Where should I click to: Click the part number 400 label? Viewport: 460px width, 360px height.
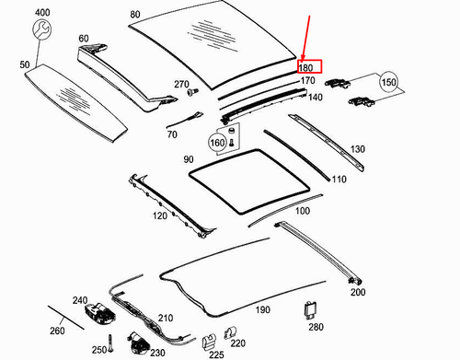pyautogui.click(x=42, y=11)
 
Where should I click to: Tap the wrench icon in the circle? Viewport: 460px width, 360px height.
pyautogui.click(x=40, y=31)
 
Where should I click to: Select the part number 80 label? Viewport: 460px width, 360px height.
pyautogui.click(x=135, y=14)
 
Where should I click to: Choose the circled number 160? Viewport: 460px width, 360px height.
pyautogui.click(x=217, y=142)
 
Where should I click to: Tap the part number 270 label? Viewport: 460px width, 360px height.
pyautogui.click(x=181, y=85)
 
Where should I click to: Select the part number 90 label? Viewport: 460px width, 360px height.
pyautogui.click(x=189, y=159)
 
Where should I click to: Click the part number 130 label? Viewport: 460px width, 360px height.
pyautogui.click(x=358, y=148)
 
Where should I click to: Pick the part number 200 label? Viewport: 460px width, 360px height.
pyautogui.click(x=357, y=291)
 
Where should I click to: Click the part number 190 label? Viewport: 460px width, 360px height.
pyautogui.click(x=263, y=310)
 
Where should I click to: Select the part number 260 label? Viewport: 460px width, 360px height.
pyautogui.click(x=57, y=331)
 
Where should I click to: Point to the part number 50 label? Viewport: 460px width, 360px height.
pyautogui.click(x=25, y=65)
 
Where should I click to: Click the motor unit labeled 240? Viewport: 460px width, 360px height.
pyautogui.click(x=101, y=315)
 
